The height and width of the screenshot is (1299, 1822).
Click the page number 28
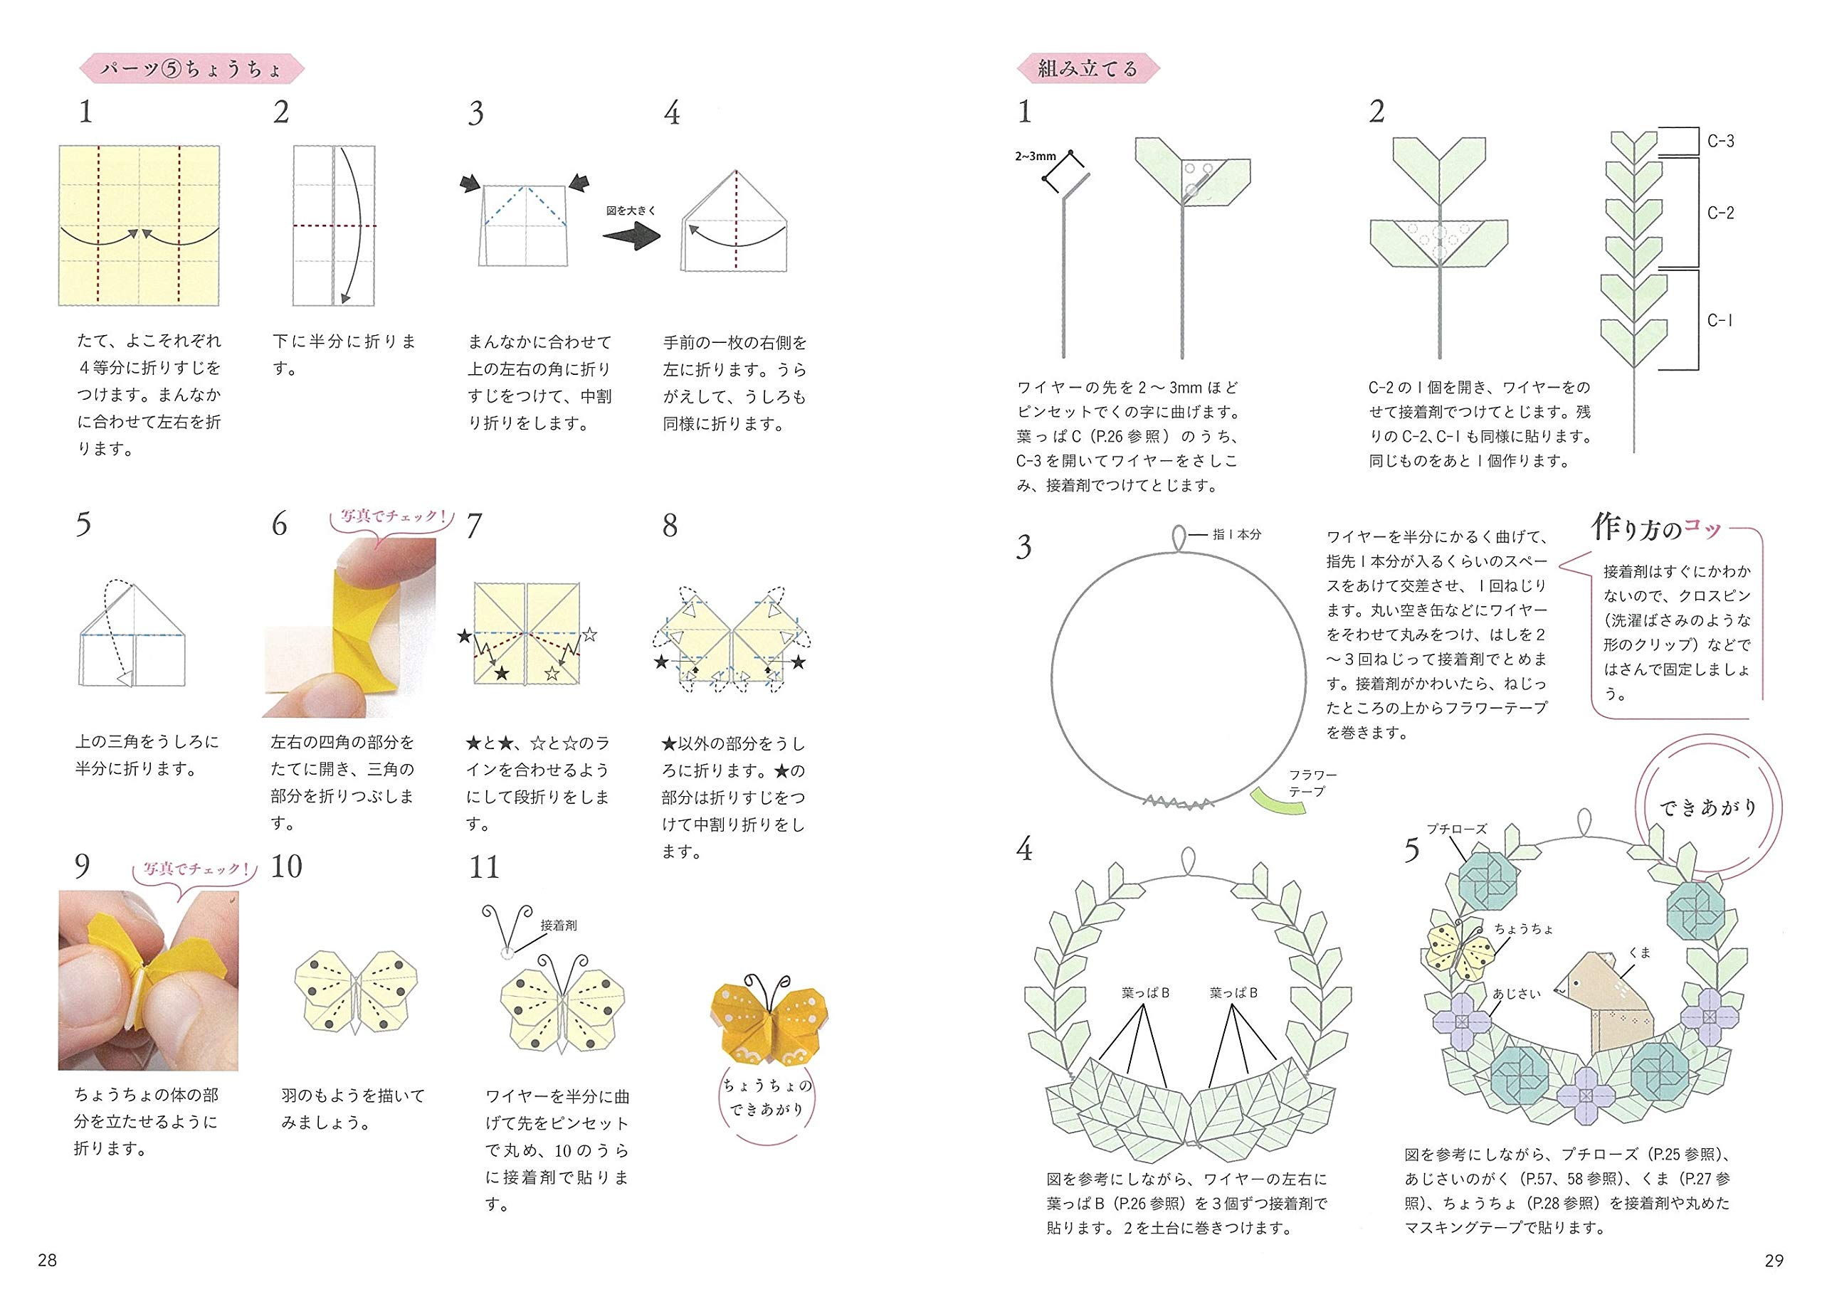[x=47, y=1261]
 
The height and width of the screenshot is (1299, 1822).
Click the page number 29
[x=1774, y=1261]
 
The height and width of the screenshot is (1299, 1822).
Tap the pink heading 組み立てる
[x=1088, y=69]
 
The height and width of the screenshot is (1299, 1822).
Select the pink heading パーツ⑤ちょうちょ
[x=192, y=70]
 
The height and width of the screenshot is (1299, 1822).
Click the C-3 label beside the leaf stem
[x=1720, y=142]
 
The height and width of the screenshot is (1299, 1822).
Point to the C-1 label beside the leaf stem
[x=1720, y=320]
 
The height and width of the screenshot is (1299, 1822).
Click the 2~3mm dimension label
[x=1036, y=156]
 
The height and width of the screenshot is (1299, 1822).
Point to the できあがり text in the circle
[x=1707, y=808]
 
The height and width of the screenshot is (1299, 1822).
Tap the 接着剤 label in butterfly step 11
[x=559, y=925]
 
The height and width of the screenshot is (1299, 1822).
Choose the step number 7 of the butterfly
[x=474, y=526]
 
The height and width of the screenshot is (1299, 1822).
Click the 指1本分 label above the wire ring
[x=1236, y=534]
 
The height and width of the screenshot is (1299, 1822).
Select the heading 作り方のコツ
[x=1656, y=528]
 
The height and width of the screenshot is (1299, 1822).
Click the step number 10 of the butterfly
[x=286, y=866]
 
